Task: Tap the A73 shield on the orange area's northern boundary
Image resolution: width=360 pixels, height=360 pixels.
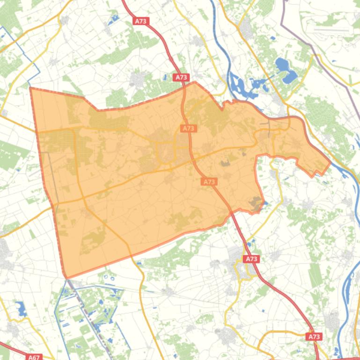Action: point(181,78)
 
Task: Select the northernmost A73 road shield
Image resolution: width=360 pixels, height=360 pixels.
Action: point(141,21)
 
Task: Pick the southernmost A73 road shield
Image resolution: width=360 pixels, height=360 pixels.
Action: point(314,336)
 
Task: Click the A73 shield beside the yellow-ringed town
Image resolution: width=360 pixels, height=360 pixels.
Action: point(251,259)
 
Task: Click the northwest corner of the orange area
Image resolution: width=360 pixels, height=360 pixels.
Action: point(31,88)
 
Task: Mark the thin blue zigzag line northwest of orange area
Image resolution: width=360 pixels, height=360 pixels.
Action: point(19,51)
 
